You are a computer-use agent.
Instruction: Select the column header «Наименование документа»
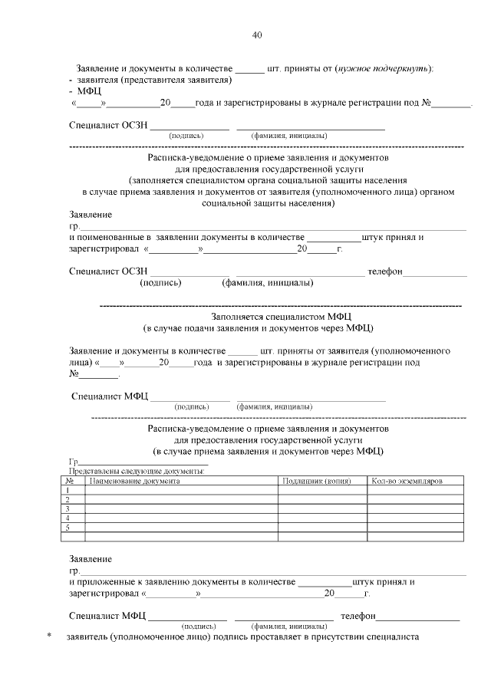pos(135,481)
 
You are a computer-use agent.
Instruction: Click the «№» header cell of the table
pos(69,481)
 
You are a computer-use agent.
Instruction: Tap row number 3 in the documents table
pos(68,508)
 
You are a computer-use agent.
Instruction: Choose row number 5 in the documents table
pos(68,527)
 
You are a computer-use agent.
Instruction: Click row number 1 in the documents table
pos(68,490)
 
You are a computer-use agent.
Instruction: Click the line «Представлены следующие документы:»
pos(137,472)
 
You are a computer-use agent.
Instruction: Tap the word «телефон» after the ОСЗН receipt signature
pos(384,271)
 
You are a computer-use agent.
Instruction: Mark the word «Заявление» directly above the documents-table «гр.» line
pos(91,559)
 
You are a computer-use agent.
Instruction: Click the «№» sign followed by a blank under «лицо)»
pos(74,374)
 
